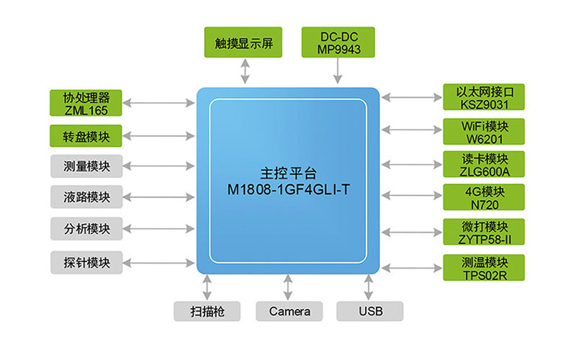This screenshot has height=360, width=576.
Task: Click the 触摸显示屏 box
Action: [244, 42]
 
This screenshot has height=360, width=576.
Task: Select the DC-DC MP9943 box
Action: [338, 42]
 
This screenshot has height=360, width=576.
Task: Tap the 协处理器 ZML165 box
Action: [86, 104]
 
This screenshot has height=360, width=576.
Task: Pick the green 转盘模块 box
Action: [86, 135]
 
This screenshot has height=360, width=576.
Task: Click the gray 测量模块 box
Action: [86, 166]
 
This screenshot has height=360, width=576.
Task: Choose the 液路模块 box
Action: [86, 197]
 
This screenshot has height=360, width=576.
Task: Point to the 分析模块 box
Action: [86, 229]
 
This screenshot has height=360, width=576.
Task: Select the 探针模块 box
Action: [86, 261]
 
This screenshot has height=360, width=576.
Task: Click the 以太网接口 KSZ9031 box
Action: [482, 96]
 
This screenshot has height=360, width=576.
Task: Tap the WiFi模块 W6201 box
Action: [482, 130]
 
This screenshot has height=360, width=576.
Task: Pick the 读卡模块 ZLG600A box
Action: [482, 164]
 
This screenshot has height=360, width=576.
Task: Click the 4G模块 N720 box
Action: [482, 197]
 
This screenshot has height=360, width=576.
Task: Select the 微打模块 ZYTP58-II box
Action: [482, 232]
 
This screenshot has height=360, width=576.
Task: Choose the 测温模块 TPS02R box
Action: [482, 266]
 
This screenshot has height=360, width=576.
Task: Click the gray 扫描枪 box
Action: [207, 312]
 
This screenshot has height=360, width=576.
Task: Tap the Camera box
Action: [289, 312]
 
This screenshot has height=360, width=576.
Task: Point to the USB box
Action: [370, 312]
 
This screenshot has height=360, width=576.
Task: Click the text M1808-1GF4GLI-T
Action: [288, 189]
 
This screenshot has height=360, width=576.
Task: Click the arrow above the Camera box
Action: [289, 288]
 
